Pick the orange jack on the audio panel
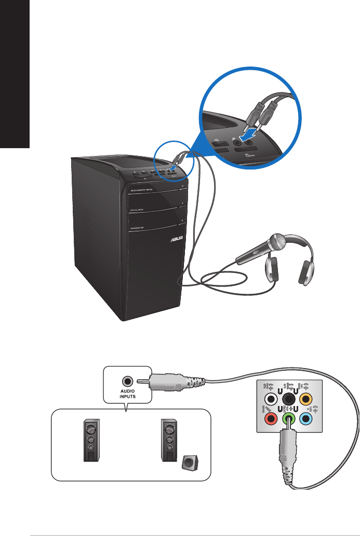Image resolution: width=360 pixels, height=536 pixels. (306, 399)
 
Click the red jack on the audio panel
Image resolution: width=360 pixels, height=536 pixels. (270, 419)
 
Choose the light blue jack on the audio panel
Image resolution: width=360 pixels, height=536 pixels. (306, 419)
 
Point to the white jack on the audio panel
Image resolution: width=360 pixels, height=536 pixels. (270, 399)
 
